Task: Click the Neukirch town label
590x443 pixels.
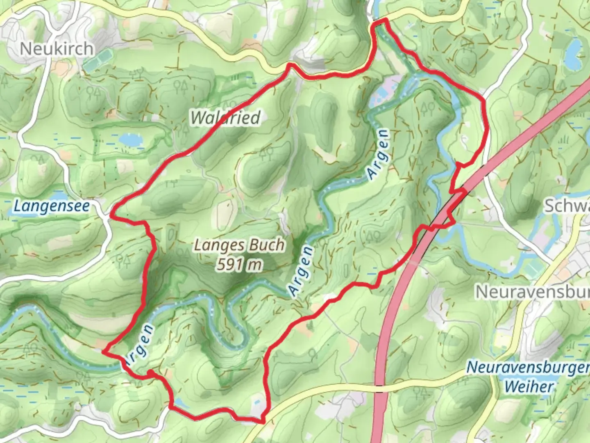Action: tap(57, 49)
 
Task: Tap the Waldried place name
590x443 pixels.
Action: tap(225, 118)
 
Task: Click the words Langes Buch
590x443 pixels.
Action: tap(239, 245)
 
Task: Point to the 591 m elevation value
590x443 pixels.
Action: tap(239, 265)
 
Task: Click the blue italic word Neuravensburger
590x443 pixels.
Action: tap(528, 367)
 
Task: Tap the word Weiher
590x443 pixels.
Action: tap(529, 386)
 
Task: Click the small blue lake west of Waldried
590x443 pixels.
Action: tap(130, 140)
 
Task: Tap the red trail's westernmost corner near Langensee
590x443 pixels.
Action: tap(112, 214)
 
